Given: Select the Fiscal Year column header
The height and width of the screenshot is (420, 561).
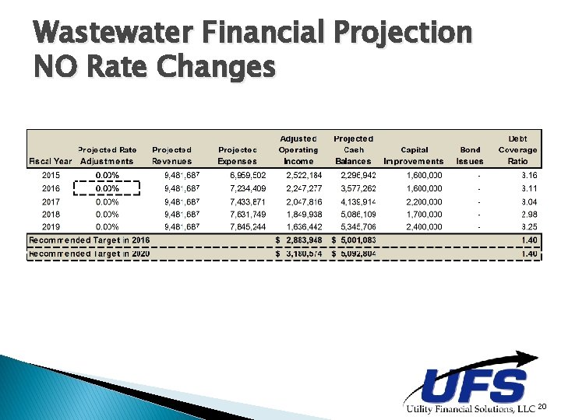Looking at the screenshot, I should point(51,161).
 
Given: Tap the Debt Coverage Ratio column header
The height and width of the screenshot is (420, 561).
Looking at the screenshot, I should point(517,150).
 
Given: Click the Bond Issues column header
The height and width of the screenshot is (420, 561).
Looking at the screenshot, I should point(470,156).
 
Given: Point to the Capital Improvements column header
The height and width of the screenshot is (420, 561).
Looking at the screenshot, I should point(414,156).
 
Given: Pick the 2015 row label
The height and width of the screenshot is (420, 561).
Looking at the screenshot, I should point(50,176).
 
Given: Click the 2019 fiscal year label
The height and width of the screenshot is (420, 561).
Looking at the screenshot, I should point(50,226).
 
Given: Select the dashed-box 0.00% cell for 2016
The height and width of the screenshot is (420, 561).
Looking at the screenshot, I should point(107,188).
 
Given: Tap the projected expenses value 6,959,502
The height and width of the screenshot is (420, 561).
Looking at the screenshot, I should point(248,176).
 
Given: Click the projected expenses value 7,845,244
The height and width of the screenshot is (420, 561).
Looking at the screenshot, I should point(248,226).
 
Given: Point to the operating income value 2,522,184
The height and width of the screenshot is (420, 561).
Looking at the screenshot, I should point(298,176).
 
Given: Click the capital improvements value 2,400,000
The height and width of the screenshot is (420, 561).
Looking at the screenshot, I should point(425,226).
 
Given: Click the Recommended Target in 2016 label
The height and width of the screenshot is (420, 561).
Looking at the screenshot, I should point(89,240).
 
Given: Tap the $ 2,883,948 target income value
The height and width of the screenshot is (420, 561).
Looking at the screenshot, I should point(299,240).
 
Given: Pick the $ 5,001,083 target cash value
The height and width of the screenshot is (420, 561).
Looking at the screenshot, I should point(355,240).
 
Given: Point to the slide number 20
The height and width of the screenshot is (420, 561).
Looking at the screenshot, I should point(543,407).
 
